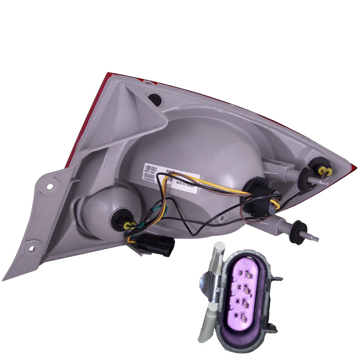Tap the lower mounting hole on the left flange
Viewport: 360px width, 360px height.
pyautogui.click(x=33, y=247)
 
